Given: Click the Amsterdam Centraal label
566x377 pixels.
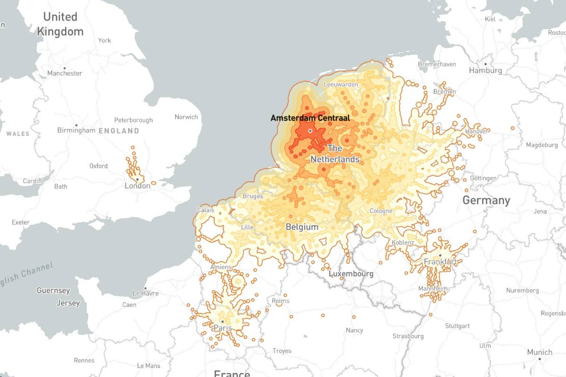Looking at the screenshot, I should click(310, 118).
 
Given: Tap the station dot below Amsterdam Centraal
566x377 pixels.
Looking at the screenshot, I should click(310, 131).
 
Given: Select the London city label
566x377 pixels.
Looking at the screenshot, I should click(137, 186).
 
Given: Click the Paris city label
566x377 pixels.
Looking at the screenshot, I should click(223, 328).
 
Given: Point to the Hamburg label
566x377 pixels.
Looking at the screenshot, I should click(485, 71).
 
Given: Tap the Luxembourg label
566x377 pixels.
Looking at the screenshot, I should click(351, 274).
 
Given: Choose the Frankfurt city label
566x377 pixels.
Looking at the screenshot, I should click(440, 262).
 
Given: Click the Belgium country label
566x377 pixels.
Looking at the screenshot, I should click(302, 227).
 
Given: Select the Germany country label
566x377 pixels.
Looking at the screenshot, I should click(486, 200).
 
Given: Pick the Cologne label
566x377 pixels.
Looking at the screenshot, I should click(381, 211).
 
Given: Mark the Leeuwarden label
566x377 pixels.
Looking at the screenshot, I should click(341, 84).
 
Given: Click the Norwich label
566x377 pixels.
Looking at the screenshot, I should click(186, 117).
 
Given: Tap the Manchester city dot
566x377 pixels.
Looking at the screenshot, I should click(65, 68).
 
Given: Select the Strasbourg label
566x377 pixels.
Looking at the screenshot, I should click(408, 336).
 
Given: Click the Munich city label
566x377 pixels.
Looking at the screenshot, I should click(540, 352).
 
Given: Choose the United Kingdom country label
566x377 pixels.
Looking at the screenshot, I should click(60, 24).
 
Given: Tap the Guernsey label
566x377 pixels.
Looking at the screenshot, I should click(53, 291).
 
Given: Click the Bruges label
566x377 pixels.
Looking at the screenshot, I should click(253, 196).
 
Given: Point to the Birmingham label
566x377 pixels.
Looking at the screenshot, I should click(76, 130).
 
